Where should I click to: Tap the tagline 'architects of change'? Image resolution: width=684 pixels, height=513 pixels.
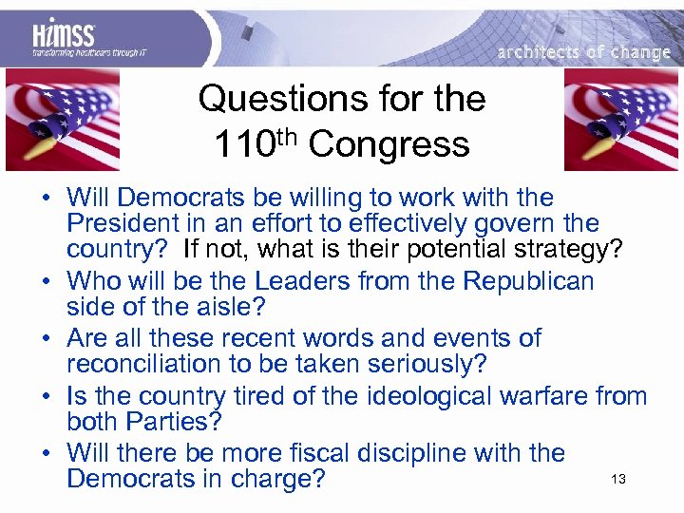pos(583,52)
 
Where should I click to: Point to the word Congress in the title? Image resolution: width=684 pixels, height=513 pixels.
pos(389,144)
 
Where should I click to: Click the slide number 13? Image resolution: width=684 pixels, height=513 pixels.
pos(618,480)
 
